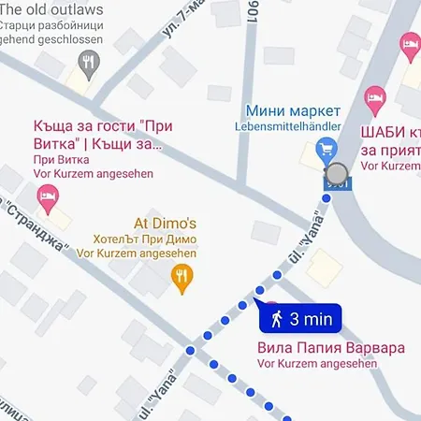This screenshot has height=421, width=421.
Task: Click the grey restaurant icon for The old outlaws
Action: click(87, 64)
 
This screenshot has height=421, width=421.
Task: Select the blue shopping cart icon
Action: click(327, 148)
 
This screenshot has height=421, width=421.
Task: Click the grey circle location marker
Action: click(337, 173)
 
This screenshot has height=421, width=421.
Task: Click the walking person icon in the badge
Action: click(277, 319)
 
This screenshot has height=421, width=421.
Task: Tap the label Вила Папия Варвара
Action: click(330, 347)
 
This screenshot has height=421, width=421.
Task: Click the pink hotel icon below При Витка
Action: click(47, 197)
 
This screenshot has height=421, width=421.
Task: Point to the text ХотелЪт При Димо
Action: click(150, 239)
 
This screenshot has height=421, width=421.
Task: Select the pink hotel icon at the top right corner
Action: click(410, 42)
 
